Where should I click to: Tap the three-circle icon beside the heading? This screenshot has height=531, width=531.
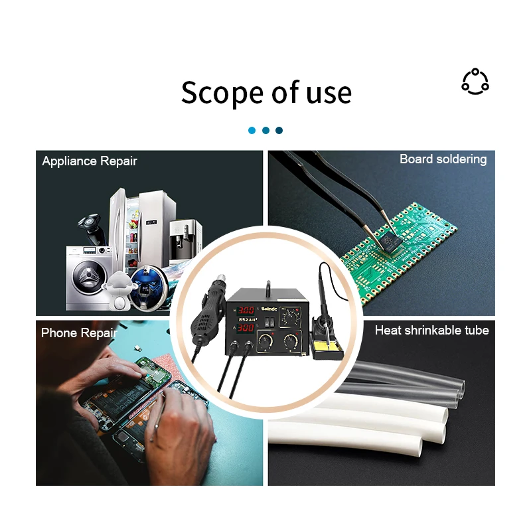coord(475,82)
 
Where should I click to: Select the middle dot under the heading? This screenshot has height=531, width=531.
coord(265,130)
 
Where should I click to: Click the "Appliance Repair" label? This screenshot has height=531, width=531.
coord(90,161)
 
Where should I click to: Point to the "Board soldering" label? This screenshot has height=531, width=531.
coord(443,159)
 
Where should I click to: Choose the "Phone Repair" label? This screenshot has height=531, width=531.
coord(79,333)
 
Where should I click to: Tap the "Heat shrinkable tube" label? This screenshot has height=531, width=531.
coord(431,330)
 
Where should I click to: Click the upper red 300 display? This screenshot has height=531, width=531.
coord(247,311)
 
